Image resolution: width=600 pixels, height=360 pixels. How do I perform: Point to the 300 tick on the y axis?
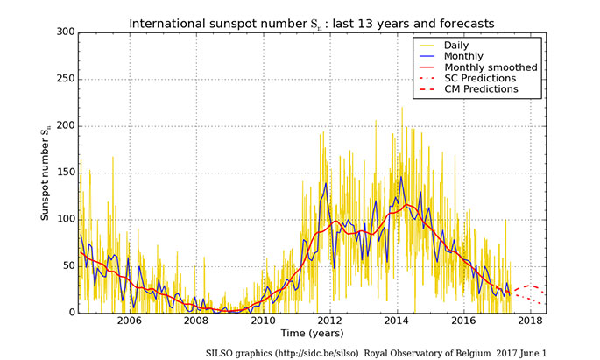66,32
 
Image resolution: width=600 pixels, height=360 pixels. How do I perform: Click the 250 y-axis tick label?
66,79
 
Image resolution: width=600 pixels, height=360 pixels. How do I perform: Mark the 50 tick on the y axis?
68,266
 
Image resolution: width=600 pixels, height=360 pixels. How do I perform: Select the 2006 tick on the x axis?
129,321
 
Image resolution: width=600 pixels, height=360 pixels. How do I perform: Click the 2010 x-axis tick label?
263,321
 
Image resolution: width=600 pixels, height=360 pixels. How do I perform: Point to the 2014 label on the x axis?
398,321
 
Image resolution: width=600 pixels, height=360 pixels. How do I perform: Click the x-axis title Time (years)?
314,335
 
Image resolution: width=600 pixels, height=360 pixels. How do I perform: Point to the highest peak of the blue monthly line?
401,177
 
